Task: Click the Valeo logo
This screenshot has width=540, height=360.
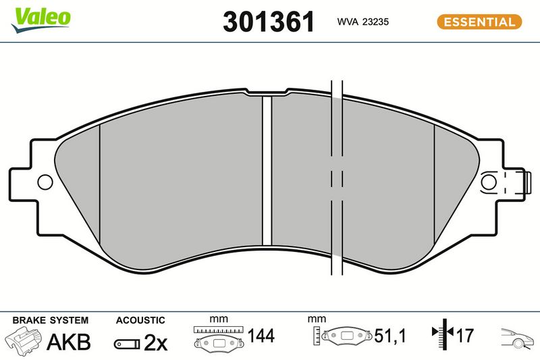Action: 40,20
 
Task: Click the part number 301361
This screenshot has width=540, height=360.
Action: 269,22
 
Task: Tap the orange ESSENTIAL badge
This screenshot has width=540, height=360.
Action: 479,22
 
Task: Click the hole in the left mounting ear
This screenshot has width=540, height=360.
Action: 45,182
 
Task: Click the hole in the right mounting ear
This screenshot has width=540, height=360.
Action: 488,182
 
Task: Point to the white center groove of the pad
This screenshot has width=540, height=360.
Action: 267,171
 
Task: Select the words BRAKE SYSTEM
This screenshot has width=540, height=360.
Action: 50,320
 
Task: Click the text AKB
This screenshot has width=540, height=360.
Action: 69,342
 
